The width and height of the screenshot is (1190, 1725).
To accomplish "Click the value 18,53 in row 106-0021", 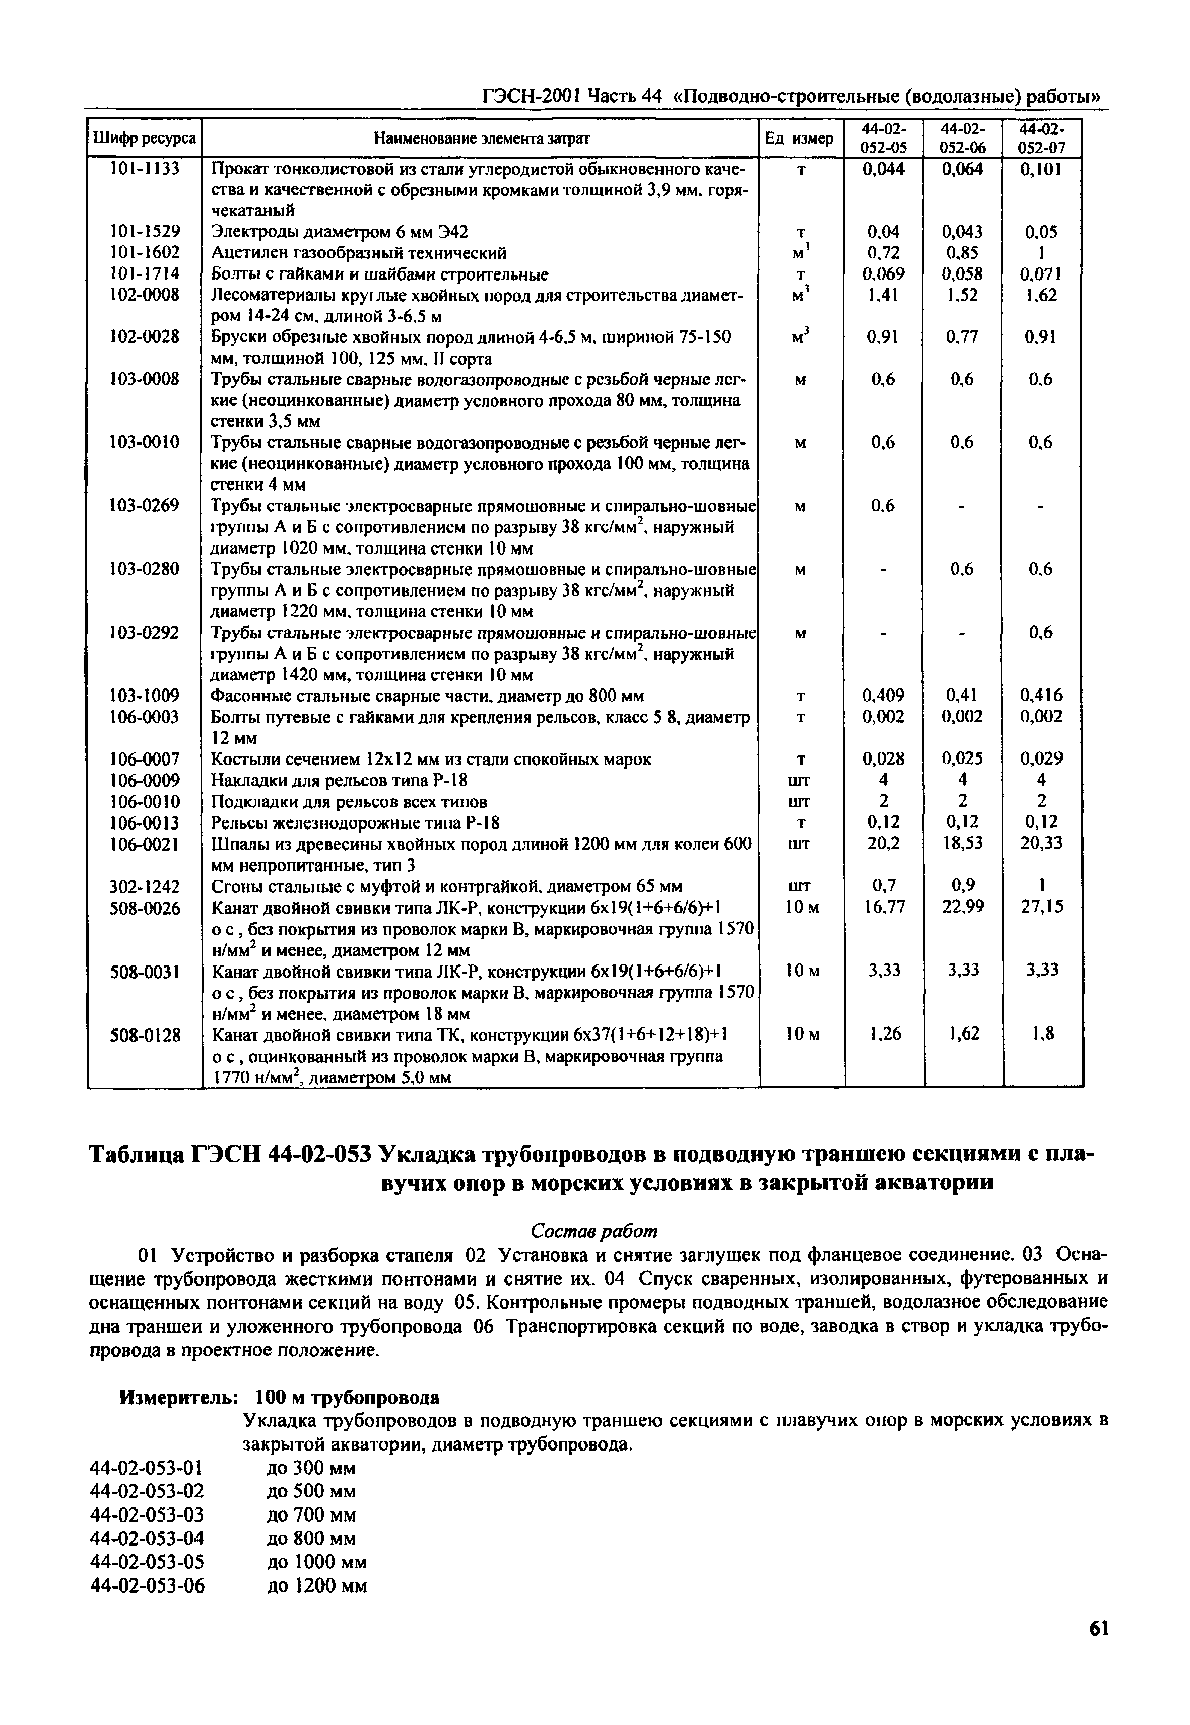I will point(963,844).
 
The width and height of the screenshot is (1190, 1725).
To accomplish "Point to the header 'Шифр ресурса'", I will point(145,139).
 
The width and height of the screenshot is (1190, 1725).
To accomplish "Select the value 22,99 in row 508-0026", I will point(963,907).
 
